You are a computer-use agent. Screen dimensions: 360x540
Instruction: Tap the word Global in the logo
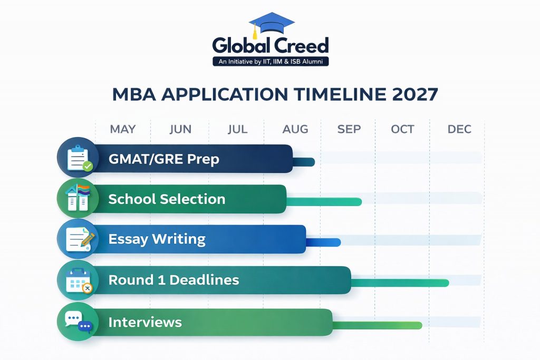[x=240, y=45]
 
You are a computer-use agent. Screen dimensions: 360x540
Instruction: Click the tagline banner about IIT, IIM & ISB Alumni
[x=271, y=62]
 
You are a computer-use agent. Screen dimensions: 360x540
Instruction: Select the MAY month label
[x=122, y=129]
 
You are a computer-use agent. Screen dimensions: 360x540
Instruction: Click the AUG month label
[x=295, y=129]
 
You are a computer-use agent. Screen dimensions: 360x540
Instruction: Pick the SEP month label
[x=349, y=129]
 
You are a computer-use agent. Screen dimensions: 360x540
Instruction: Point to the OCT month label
[x=403, y=129]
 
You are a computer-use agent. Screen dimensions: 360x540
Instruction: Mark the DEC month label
[x=459, y=129]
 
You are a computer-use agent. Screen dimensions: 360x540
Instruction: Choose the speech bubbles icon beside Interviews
[x=78, y=322]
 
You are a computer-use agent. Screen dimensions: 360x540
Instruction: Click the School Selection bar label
[x=167, y=199]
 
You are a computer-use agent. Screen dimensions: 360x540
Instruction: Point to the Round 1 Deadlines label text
[x=173, y=280]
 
